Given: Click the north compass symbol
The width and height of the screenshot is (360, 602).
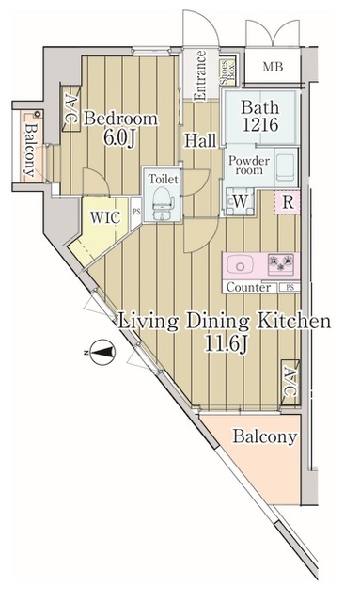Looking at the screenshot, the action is tap(102, 352).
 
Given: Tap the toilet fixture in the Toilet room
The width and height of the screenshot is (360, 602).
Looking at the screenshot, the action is tap(162, 202).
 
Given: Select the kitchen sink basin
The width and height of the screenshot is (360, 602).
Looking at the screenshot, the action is tap(240, 265).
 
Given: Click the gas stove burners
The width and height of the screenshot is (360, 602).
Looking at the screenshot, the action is tap(281, 264).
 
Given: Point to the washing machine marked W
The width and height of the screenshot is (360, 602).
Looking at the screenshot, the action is tap(240, 200).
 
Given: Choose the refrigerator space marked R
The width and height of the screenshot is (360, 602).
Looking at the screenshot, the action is tap(288, 202).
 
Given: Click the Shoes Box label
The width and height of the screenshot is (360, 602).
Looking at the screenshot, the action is tap(227, 72).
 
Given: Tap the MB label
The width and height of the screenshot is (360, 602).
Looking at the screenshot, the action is tap(273, 67).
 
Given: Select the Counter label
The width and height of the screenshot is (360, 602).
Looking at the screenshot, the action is tap(248, 287).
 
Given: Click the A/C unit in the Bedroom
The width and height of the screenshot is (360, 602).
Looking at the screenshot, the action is tap(70, 109).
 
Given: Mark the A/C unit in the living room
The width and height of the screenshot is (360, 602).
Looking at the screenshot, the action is tap(290, 382).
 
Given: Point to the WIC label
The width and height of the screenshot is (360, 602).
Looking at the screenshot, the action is tap(105, 217).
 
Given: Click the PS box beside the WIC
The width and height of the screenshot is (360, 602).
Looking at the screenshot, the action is tap(136, 214).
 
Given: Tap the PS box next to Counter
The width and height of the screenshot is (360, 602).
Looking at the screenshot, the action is tap(290, 287).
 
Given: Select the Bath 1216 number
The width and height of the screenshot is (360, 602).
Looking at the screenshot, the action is tap(260, 125).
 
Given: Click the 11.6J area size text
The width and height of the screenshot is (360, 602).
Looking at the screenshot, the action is tap(226, 343).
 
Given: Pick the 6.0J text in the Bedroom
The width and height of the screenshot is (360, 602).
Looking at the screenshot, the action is tap(119, 138).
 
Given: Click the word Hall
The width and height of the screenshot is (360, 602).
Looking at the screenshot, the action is tap(200, 140).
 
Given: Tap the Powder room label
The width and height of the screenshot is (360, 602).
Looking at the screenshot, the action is tap(249, 166).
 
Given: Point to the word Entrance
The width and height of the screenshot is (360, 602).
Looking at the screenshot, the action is tap(200, 75).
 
